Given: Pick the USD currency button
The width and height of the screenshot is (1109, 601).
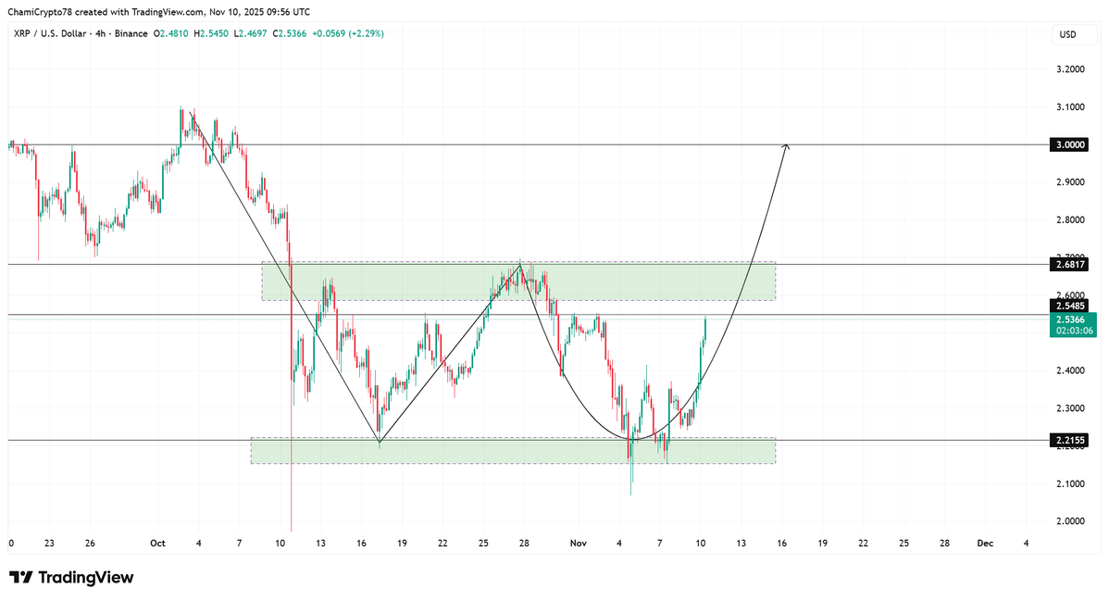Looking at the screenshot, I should point(1067,34).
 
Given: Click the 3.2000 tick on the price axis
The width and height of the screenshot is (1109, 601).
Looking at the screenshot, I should point(1070,69).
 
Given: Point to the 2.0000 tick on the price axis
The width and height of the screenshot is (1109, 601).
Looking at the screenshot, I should point(1070,521).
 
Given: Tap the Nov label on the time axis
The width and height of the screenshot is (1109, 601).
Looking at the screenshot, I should point(576,544).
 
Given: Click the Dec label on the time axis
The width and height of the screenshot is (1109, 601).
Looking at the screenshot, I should point(985,544).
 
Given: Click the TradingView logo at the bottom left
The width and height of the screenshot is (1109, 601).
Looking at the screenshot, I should point(72,578).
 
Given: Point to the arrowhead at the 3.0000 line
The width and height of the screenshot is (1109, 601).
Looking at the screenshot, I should point(786,145).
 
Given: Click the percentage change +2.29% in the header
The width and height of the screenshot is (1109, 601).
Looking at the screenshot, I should point(366,33).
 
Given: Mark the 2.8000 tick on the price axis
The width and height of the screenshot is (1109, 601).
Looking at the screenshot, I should point(1070,220).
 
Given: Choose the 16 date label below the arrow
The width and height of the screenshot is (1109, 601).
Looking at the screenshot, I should point(782,544).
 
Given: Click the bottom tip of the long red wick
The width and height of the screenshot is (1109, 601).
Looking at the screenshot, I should point(292,532).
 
